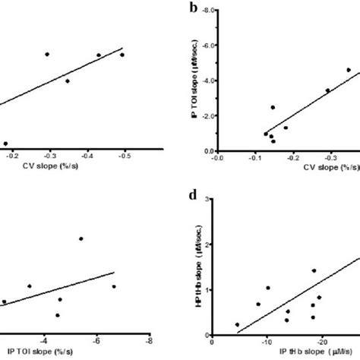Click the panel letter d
194,203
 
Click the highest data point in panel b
349,70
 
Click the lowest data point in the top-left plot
6,143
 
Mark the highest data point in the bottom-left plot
81,238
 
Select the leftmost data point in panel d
238,324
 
